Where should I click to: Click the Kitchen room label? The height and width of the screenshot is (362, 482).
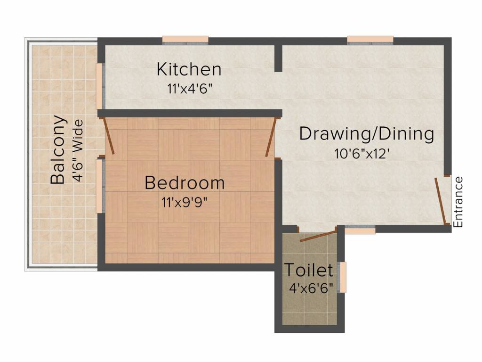(189, 69)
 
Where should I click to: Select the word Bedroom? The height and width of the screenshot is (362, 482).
(185, 183)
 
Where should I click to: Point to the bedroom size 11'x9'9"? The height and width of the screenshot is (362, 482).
(184, 203)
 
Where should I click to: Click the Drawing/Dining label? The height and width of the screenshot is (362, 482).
(367, 134)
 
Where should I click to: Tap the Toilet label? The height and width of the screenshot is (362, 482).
(308, 271)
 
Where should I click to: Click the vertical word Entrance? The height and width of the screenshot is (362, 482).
(458, 202)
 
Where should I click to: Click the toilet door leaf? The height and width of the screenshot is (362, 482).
(318, 234)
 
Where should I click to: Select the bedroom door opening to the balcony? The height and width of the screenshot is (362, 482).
(109, 136)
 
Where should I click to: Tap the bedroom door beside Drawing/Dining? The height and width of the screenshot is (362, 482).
(270, 137)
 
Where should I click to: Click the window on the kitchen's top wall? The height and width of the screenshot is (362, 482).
(185, 40)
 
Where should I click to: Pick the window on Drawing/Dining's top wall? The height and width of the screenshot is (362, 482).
(370, 40)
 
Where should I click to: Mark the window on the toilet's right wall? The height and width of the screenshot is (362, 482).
(343, 277)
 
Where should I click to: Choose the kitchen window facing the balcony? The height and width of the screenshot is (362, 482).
(99, 86)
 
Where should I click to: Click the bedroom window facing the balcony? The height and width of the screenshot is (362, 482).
(99, 186)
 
